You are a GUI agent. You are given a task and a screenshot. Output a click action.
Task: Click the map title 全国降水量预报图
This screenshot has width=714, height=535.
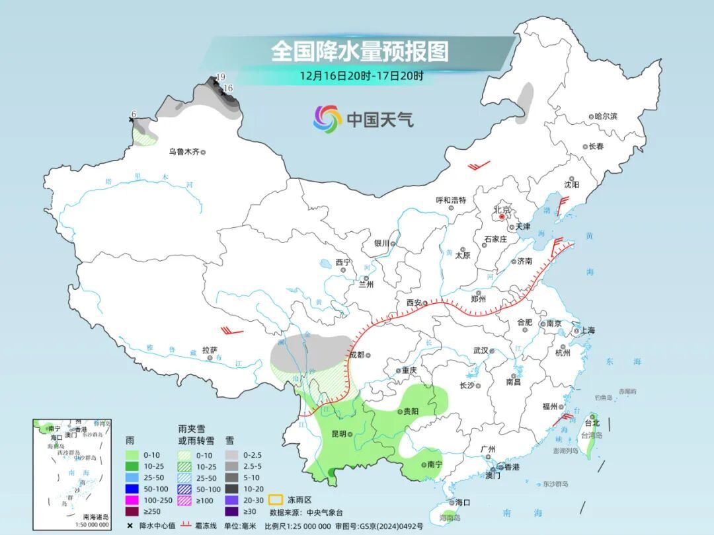pos(360,51)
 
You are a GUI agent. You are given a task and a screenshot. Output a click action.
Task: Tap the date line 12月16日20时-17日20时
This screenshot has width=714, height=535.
pos(361,75)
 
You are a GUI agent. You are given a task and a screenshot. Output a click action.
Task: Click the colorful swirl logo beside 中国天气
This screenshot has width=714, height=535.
pos(327,120)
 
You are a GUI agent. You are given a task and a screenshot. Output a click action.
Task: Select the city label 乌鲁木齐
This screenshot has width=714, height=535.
pos(183,152)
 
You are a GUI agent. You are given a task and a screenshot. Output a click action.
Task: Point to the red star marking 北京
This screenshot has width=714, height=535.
pos(502,216)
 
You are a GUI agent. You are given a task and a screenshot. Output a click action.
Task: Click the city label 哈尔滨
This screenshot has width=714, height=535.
pos(605,116)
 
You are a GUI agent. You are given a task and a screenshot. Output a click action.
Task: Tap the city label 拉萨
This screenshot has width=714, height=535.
pos(210,350)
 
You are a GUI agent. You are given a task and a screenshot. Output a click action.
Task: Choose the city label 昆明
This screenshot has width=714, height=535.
pos(338,434)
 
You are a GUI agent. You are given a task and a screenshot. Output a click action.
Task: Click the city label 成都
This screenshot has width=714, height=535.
pos(356,355)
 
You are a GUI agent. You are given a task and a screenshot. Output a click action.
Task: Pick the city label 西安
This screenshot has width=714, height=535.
pos(414,303)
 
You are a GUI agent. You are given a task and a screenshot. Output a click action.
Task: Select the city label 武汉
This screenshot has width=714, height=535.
pos(480,351)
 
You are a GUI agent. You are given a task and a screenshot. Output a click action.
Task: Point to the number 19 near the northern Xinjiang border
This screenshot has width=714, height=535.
pos(221,77)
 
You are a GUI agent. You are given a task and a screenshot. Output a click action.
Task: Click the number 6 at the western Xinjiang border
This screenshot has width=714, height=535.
pos(134,114)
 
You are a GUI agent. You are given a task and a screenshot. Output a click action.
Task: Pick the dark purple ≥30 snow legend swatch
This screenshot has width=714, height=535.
pos(231,511)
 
